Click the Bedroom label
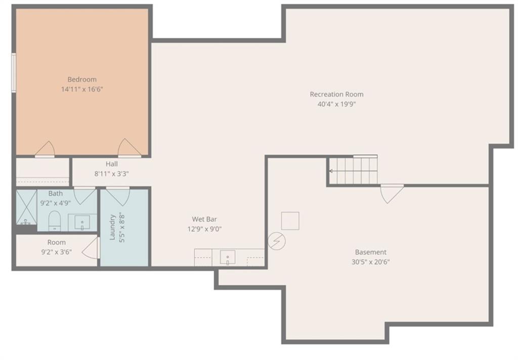82,79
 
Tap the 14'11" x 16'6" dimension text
82,89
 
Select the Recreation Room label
336,95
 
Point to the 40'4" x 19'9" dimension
336,104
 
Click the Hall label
112,164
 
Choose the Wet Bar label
204,219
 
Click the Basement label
371,252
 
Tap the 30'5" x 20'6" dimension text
371,262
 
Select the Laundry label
112,227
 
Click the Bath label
56,194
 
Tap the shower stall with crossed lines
26,207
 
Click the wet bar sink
228,258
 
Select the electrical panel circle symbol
277,241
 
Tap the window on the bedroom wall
14,73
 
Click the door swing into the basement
392,194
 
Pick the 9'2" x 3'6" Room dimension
57,252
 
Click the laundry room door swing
118,197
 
